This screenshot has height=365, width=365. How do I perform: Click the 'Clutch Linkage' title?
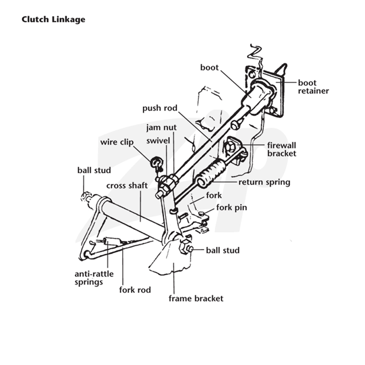tap(53, 19)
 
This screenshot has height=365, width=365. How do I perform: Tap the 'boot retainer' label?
tap(313, 87)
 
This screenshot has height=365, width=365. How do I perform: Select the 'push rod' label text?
tap(160, 108)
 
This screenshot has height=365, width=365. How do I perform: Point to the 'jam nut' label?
tap(162, 128)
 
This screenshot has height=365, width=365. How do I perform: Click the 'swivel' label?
tap(158, 141)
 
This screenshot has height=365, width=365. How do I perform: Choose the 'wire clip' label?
tap(117, 142)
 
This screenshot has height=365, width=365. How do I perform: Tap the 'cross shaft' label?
tap(127, 186)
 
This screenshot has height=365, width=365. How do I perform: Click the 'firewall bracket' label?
tap(282, 150)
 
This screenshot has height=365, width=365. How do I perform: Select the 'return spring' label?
tap(264, 182)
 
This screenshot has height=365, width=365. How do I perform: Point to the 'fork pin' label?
tap(232, 208)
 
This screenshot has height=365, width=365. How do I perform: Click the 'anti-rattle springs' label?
tap(94, 278)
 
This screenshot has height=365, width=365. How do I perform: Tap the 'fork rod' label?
tap(135, 290)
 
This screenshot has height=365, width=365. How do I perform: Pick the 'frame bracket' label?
tap(196, 298)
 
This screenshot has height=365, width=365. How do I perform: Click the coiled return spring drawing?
tap(211, 173)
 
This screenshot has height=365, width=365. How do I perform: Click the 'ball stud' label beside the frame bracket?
tap(223, 250)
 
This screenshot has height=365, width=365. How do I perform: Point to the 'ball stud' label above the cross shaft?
tap(94, 170)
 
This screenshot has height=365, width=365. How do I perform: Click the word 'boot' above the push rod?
tap(209, 68)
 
